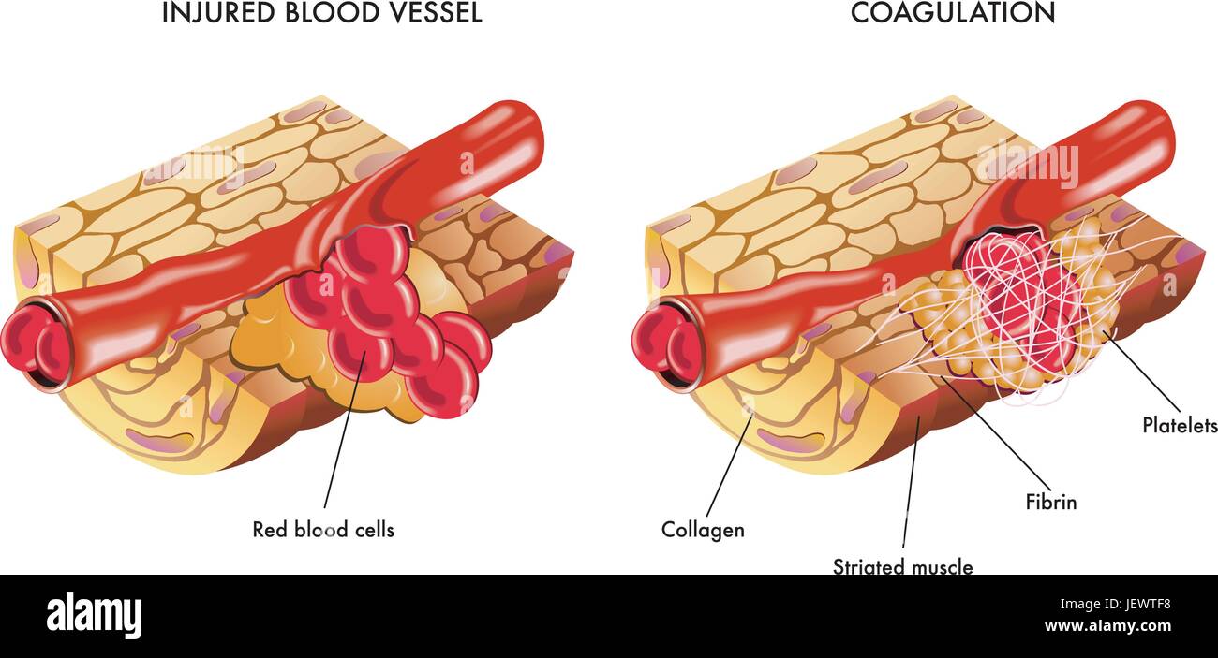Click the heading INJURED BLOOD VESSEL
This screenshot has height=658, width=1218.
pyautogui.click(x=322, y=12)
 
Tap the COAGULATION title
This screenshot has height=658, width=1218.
pyautogui.click(x=953, y=12)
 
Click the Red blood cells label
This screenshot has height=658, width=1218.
pyautogui.click(x=323, y=530)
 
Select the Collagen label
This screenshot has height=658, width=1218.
pyautogui.click(x=703, y=530)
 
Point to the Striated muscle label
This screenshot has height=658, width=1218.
pyautogui.click(x=903, y=566)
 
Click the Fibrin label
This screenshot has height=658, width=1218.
pyautogui.click(x=1051, y=502)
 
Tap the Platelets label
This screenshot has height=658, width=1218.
pyautogui.click(x=1180, y=426)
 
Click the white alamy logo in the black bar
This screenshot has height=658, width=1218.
pyautogui.click(x=94, y=618)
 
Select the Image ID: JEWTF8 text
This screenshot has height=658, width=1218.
pyautogui.click(x=1115, y=604)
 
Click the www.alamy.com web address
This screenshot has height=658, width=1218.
pyautogui.click(x=1107, y=626)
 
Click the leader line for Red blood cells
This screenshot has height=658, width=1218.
pyautogui.click(x=345, y=430)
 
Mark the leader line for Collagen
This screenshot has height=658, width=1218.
pyautogui.click(x=730, y=465)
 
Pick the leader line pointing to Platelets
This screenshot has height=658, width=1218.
pyautogui.click(x=1142, y=371)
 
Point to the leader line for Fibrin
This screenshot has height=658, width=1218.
pyautogui.click(x=996, y=433)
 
